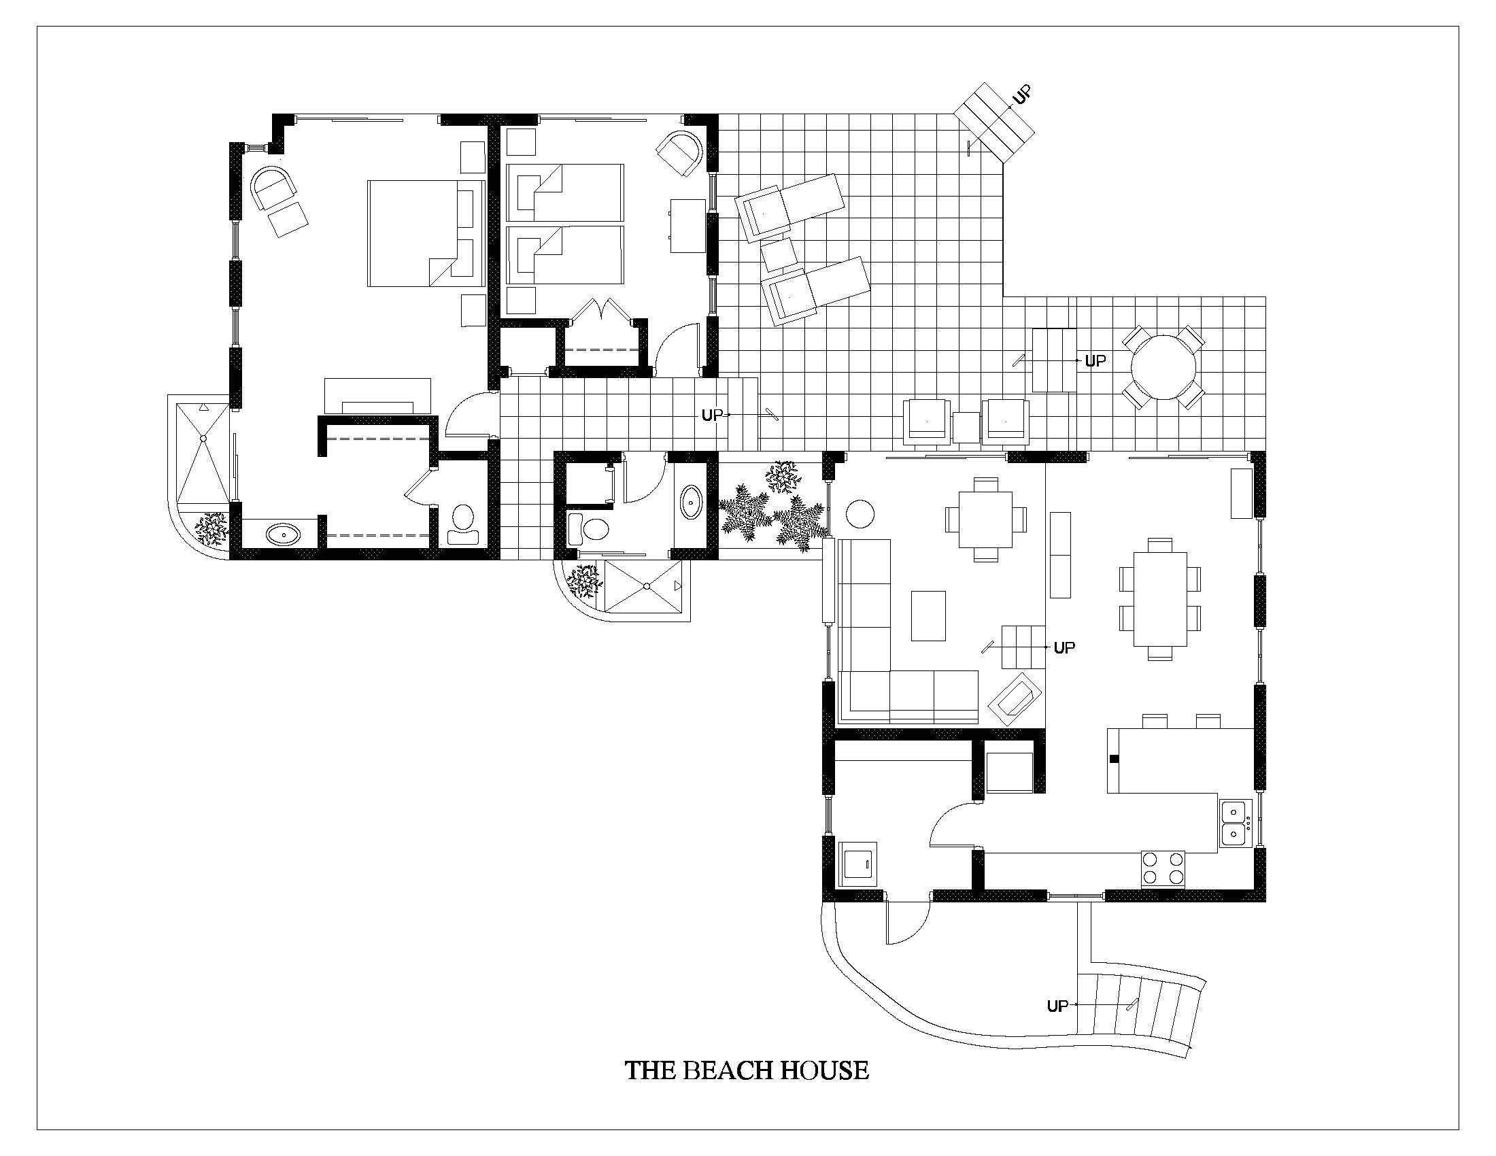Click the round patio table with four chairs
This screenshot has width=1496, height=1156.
[1163, 367]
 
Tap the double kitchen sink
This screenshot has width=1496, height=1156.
[1235, 823]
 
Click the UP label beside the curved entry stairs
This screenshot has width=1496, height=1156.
[1057, 1006]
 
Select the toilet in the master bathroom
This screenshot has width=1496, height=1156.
[464, 525]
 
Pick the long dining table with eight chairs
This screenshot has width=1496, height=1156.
[1159, 599]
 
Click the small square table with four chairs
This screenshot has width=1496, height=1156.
[986, 519]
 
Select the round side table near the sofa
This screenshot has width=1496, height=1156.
[860, 514]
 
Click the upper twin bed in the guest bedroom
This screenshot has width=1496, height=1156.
[564, 192]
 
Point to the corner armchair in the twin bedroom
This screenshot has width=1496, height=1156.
[680, 154]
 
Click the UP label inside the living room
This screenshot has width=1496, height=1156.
[1063, 647]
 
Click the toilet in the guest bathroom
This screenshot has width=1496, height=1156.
[591, 528]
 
